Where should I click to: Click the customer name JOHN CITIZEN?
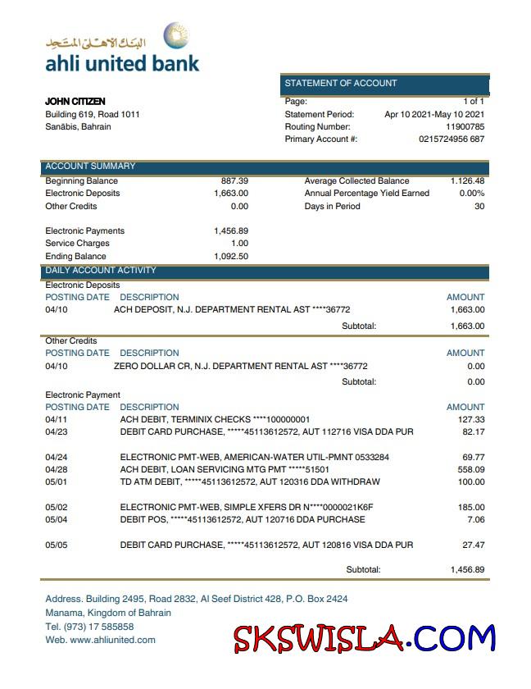[x=75, y=102]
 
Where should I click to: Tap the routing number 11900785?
[x=465, y=127]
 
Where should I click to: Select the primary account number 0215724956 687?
[x=452, y=139]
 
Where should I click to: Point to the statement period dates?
[x=434, y=115]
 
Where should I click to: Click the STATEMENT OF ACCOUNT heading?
[x=341, y=84]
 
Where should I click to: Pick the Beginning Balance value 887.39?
[x=234, y=180]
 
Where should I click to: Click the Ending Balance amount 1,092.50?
[x=231, y=257]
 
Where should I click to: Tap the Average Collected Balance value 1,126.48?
[x=467, y=180]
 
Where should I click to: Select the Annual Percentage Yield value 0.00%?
[x=471, y=194]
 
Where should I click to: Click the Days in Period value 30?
[x=479, y=207]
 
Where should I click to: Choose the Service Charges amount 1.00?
[x=239, y=244]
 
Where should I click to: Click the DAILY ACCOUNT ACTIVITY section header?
[x=101, y=271]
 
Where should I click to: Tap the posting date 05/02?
[x=57, y=508]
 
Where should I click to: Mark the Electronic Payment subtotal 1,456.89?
[x=467, y=569]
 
